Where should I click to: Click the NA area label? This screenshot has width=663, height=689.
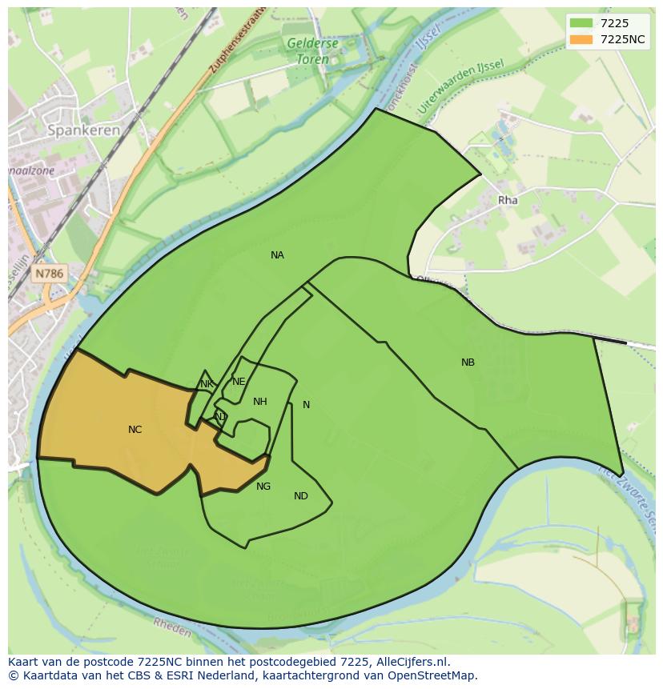click(277, 255)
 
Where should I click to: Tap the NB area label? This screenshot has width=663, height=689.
click(468, 363)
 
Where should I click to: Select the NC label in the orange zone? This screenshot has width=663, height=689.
click(135, 430)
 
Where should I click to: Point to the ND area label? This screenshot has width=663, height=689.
click(300, 496)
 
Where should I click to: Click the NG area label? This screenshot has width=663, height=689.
click(263, 486)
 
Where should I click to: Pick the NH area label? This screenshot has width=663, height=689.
click(259, 402)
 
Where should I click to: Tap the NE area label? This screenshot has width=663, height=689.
click(239, 382)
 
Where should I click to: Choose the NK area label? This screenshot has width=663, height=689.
click(207, 384)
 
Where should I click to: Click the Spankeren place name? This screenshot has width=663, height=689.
click(83, 130)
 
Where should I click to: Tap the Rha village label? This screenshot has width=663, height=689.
click(508, 200)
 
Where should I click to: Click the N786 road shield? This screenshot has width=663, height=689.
click(49, 274)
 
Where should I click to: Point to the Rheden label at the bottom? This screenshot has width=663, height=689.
click(171, 630)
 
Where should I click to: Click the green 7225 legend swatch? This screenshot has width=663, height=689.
click(581, 23)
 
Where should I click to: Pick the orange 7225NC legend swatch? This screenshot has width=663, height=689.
click(581, 39)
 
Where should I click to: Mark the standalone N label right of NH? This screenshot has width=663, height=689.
click(306, 405)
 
